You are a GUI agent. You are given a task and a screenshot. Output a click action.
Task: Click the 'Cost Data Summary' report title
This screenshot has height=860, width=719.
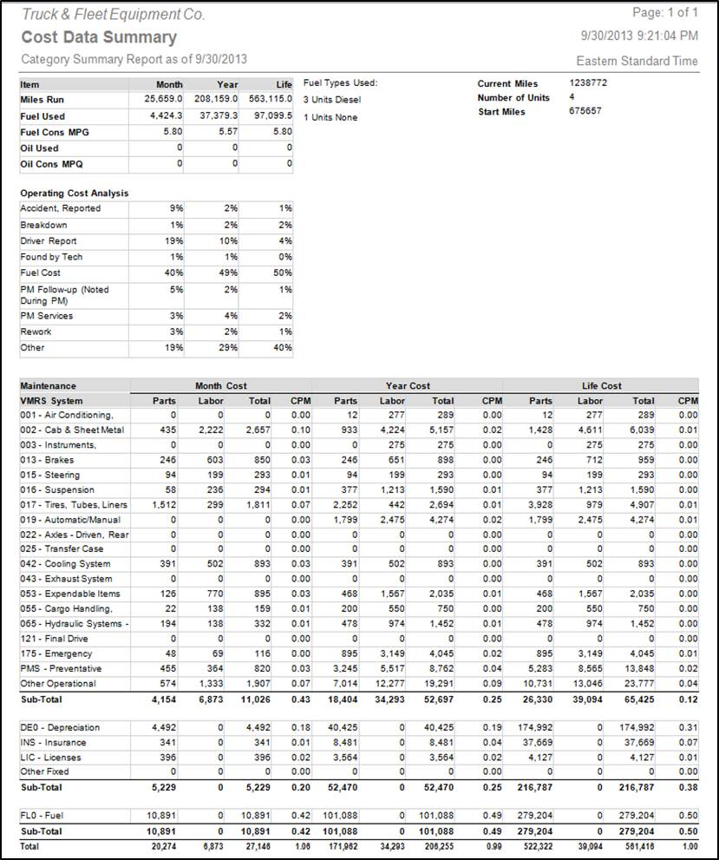click(99, 37)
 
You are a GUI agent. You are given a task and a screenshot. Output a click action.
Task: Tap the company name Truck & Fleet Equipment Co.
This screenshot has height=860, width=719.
click(114, 15)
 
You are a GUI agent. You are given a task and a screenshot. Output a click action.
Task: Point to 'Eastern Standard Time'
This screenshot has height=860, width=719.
click(637, 61)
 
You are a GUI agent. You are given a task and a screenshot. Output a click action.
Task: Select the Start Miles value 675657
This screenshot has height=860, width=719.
click(585, 111)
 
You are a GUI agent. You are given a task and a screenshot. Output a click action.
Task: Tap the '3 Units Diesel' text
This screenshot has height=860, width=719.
click(332, 100)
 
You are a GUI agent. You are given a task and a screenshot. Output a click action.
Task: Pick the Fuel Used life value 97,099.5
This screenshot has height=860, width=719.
click(273, 115)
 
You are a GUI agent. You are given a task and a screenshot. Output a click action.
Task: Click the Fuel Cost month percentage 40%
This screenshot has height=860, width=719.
click(174, 272)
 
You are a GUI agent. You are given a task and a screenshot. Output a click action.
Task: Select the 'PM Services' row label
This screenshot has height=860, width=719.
click(47, 316)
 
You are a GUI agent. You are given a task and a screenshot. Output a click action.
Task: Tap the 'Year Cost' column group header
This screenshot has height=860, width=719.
click(408, 385)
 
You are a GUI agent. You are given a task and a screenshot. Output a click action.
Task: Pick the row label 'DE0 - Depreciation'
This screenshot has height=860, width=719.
click(60, 727)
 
